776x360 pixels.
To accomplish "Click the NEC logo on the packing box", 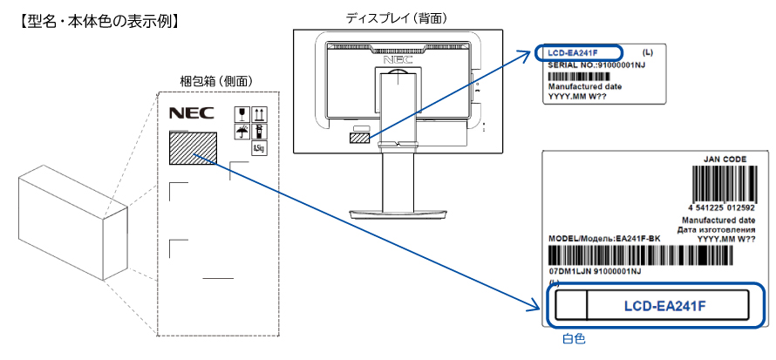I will point(186,113).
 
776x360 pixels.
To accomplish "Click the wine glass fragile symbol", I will point(242,113).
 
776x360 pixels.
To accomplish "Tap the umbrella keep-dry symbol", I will point(242,131).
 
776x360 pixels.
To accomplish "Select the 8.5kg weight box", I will point(258,149).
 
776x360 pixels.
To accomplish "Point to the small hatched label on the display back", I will point(359,137).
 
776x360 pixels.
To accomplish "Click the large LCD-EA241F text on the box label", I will point(665,305).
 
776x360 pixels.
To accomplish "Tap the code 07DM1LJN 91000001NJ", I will point(595,272).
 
